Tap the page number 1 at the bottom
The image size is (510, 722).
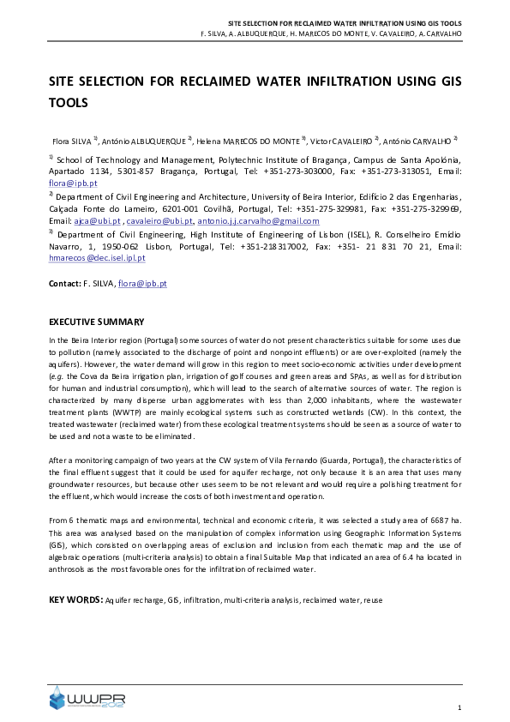pos(459,707)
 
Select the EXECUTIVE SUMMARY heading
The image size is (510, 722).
pos(95,322)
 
